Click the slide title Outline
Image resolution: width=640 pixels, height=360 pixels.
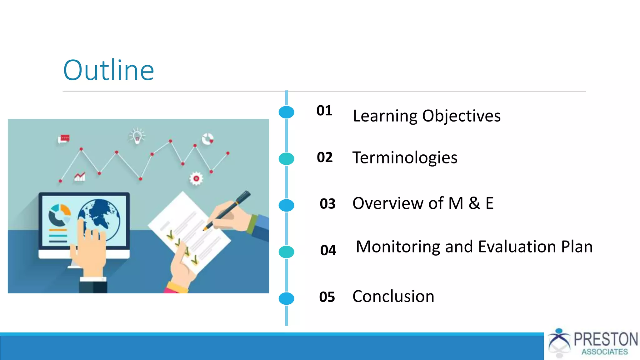108,70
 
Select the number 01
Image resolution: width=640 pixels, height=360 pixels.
324,111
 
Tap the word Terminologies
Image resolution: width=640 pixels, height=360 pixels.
405,157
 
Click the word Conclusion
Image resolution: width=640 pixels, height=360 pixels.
393,296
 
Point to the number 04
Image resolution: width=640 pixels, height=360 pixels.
328,250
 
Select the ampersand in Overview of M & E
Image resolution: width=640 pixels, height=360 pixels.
474,203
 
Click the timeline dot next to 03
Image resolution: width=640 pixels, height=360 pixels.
286,205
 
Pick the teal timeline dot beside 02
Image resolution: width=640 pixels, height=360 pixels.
286,159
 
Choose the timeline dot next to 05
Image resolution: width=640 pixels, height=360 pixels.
286,298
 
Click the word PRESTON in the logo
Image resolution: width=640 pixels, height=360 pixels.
606,339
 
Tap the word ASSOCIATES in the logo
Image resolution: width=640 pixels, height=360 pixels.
604,352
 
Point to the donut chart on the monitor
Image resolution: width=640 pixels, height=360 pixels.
59,215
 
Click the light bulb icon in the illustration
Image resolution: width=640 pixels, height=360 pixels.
137,136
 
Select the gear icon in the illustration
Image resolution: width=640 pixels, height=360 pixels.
196,178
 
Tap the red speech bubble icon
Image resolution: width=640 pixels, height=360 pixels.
64,138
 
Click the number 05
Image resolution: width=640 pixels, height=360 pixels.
327,297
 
